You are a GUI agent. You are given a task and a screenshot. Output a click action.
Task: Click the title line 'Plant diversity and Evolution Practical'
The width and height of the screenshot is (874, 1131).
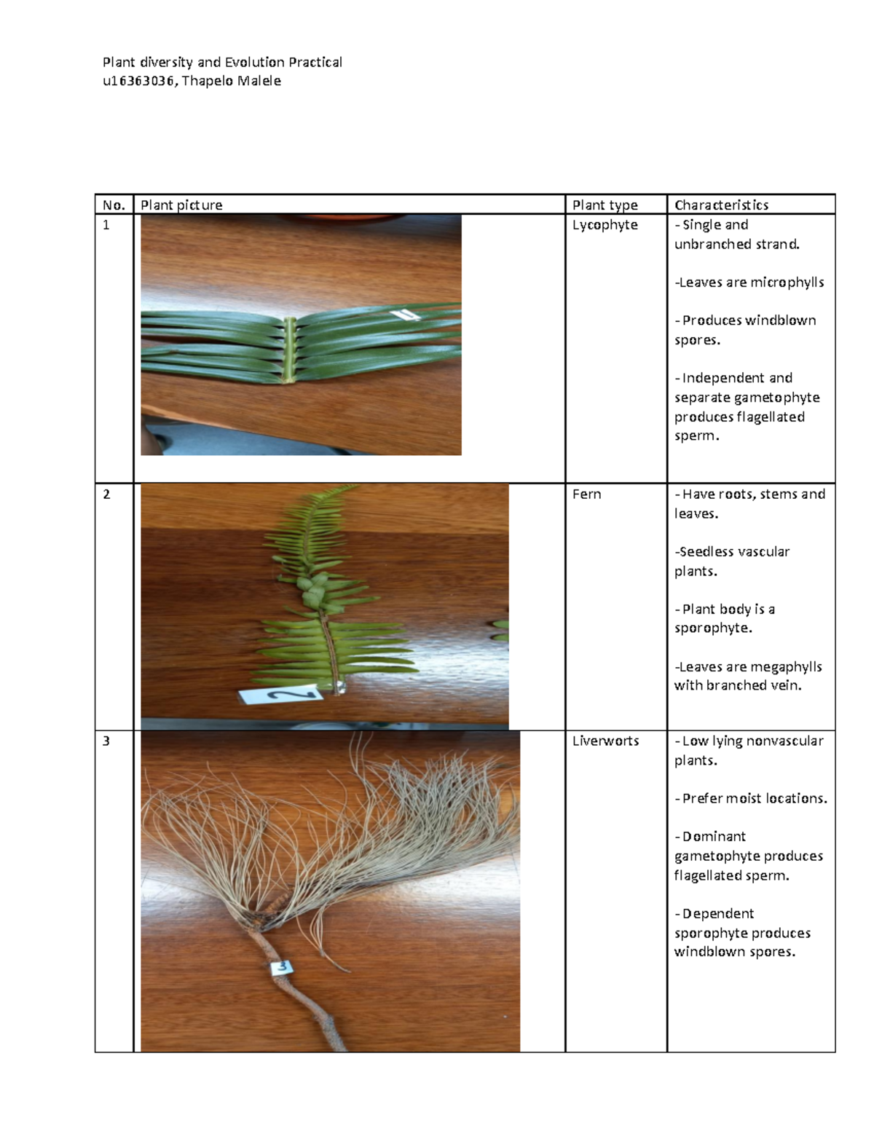pos(222,62)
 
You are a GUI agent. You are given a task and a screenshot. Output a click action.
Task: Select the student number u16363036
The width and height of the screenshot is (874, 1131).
pos(138,81)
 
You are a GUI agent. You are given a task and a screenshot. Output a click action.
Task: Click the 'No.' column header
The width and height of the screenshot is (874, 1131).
pos(114,205)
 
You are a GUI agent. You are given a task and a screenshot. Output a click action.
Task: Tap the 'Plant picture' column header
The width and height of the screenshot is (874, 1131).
pos(181,205)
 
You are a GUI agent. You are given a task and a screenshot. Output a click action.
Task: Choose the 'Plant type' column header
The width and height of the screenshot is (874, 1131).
pos(605,205)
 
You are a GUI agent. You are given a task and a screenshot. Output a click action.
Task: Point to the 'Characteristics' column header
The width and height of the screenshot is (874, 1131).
pos(721,205)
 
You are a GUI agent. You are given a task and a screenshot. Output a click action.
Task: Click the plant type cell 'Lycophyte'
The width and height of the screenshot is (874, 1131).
pos(605,225)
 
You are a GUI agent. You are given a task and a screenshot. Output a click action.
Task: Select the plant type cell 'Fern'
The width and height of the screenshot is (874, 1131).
pos(586,494)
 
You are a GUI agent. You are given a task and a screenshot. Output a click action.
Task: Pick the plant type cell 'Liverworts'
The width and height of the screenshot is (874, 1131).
pos(605,741)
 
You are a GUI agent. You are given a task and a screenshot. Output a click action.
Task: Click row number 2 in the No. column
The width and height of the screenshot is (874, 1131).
pos(106,494)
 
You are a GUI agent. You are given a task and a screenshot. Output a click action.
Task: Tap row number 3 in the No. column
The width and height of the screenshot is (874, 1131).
pos(106,741)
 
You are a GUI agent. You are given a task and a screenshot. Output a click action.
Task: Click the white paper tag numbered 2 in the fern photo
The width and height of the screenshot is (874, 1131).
pos(280,695)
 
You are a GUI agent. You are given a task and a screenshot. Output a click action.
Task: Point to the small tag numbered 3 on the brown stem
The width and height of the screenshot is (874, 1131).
pos(282,967)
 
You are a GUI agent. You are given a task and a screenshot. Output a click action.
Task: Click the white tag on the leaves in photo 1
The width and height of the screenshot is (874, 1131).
pos(403,315)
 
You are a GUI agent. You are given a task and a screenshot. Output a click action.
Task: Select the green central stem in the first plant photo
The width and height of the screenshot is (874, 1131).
pos(290,350)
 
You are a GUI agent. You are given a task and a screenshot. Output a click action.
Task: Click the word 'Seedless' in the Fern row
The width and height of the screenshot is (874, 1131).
pos(704,552)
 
